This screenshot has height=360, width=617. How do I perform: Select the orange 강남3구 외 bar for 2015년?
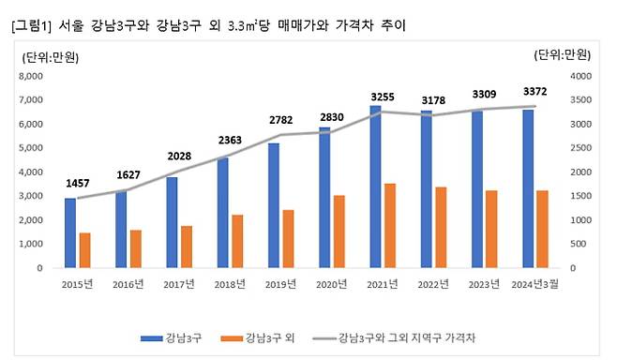tap(84, 249)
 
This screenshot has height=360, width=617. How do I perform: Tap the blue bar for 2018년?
tap(223, 212)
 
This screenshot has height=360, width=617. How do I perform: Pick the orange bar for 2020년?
tap(339, 231)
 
